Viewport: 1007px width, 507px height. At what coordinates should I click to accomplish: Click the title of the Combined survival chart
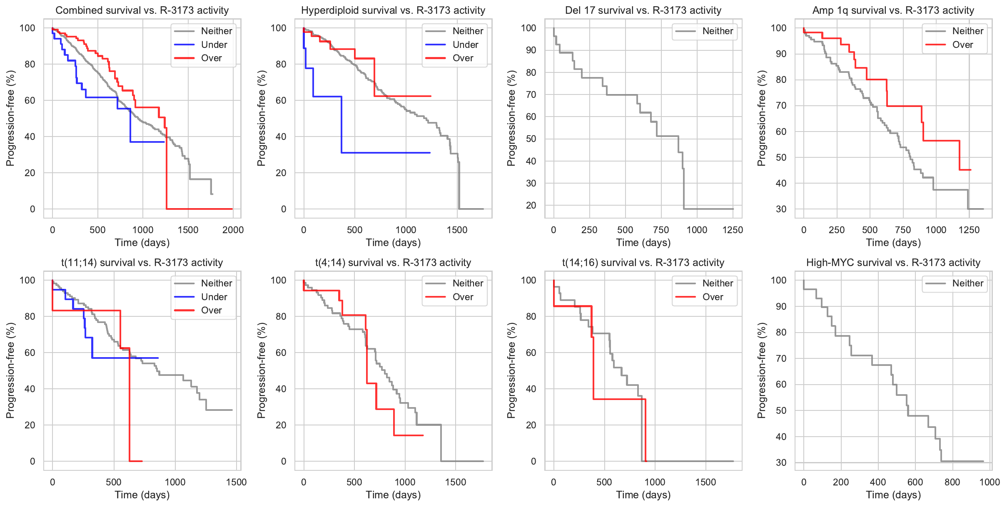tap(142, 10)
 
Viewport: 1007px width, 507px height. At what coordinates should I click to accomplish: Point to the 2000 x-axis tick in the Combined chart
tap(233, 230)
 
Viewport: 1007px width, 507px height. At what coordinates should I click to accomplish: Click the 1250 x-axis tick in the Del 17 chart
tap(733, 230)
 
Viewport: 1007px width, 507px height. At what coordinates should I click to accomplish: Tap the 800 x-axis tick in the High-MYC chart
tap(952, 482)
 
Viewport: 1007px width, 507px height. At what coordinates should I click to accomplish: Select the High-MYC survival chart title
tap(893, 263)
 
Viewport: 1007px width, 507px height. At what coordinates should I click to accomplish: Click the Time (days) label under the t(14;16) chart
tap(643, 495)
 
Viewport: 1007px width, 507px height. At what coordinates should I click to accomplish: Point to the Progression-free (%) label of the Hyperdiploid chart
tap(262, 118)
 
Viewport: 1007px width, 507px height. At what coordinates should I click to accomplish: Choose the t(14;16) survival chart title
tap(643, 263)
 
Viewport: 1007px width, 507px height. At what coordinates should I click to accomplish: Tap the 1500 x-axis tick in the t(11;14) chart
tap(236, 482)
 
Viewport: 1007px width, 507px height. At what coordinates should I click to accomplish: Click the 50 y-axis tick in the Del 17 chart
tap(531, 139)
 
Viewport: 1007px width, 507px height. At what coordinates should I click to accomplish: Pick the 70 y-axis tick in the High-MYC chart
tap(781, 358)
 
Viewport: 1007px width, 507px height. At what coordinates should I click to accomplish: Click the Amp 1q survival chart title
tap(893, 10)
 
